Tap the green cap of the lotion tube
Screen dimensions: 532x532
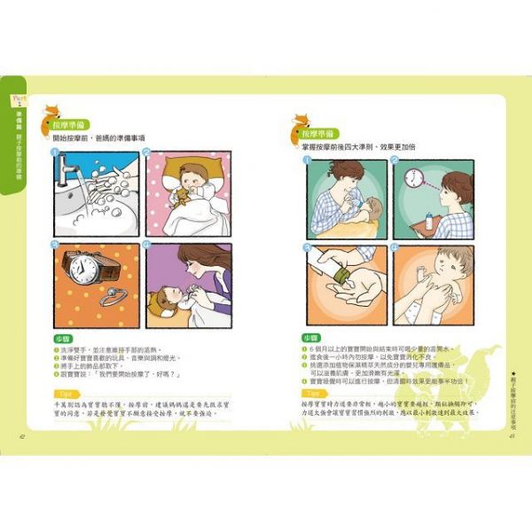pos(338,286)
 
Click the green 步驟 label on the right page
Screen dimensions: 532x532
pos(309,338)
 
